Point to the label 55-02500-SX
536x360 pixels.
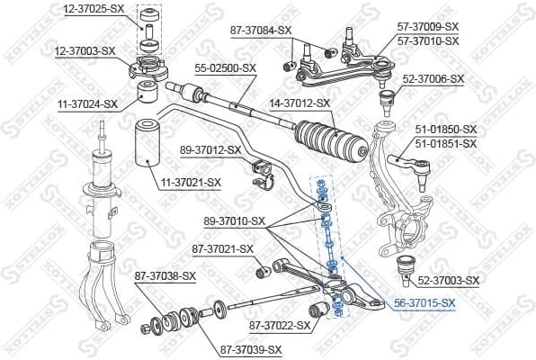pos(226,67)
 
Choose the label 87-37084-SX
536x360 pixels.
pos(261,30)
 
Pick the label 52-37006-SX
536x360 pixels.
pos(433,79)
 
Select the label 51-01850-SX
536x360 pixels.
pos(445,130)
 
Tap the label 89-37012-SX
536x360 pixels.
pos(210,149)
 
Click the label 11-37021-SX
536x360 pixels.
pos(190,183)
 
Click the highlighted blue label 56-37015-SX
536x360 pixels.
pos(424,304)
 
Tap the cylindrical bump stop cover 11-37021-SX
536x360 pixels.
pos(147,145)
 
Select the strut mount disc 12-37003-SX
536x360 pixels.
pos(147,68)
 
